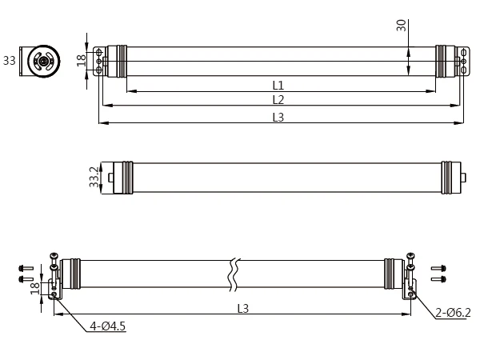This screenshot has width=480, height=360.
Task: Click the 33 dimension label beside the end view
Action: coord(9,61)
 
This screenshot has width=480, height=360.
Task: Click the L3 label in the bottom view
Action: coord(242,308)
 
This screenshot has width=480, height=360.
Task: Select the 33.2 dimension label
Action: coord(94,178)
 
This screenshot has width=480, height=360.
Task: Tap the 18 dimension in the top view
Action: coord(82,62)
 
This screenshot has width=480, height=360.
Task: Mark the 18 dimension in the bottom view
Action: coord(34,287)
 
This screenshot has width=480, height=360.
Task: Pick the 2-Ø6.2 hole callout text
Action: coord(453,313)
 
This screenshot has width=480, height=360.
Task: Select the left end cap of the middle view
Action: coord(121,178)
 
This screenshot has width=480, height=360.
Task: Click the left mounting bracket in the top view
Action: coord(99,62)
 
